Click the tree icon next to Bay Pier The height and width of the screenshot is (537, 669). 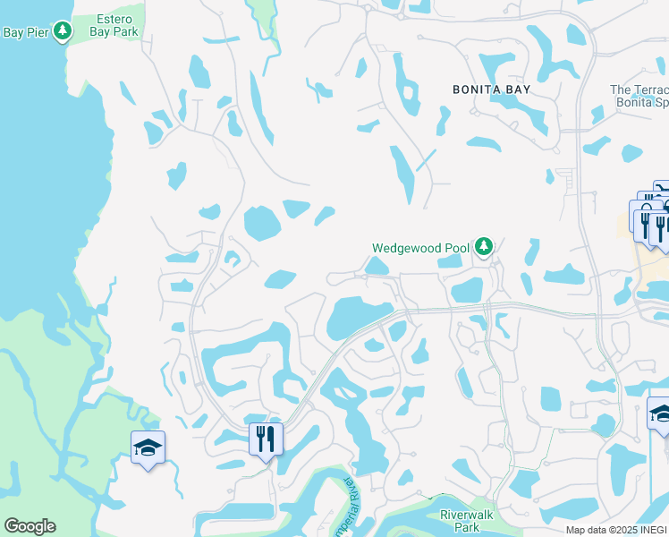(x=62, y=32)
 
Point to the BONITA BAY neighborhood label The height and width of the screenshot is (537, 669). (x=491, y=89)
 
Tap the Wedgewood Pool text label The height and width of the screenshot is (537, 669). (x=420, y=248)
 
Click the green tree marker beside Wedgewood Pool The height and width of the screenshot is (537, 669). (x=484, y=245)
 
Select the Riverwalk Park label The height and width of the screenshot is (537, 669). (x=467, y=521)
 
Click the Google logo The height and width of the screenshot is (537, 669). (x=30, y=526)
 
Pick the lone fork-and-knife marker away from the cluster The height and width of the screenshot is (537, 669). (x=266, y=439)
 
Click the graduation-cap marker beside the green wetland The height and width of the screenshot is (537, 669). (x=148, y=447)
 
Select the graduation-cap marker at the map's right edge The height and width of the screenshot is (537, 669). (x=660, y=413)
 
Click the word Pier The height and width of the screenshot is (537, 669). (x=36, y=32)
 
